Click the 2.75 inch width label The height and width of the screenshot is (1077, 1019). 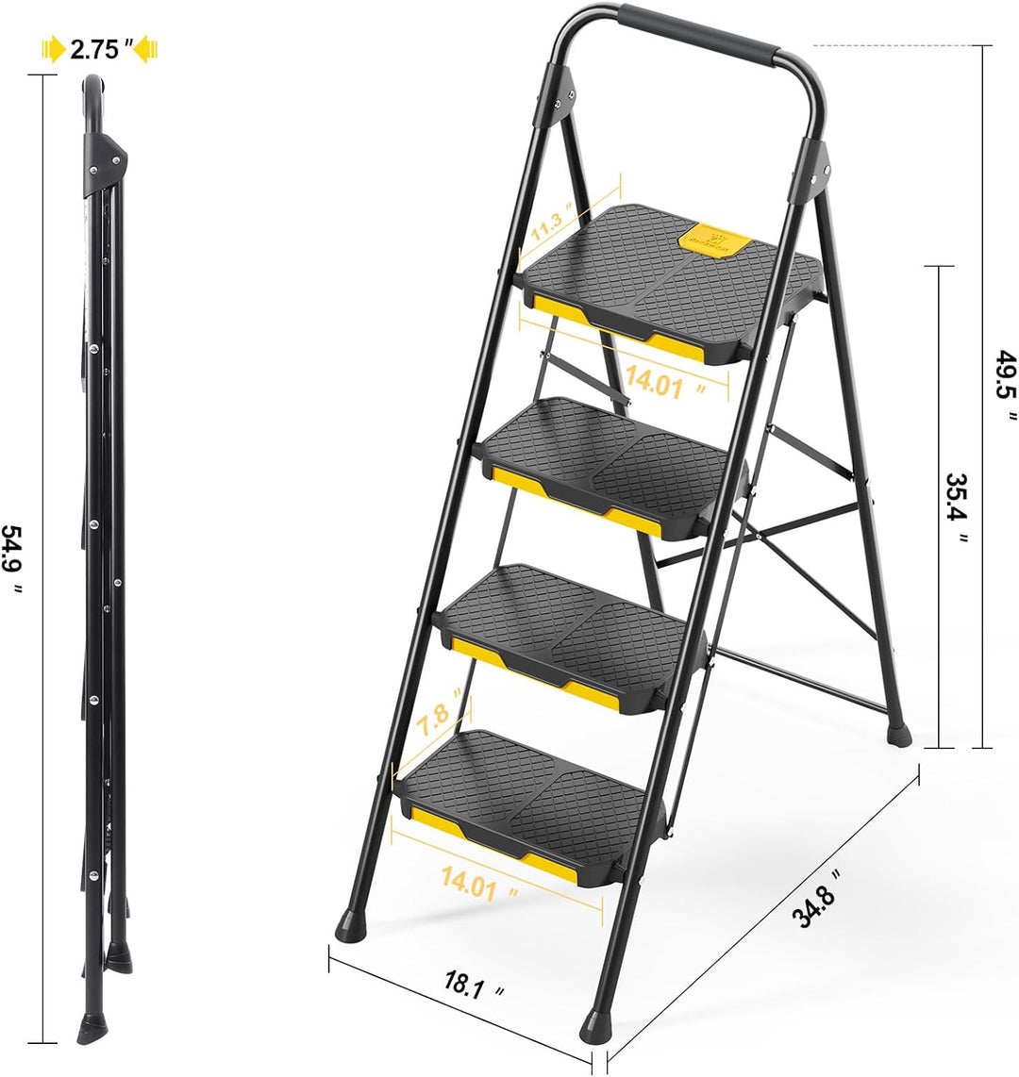pyautogui.click(x=98, y=50)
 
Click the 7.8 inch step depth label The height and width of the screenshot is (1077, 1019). pyautogui.click(x=442, y=706)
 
